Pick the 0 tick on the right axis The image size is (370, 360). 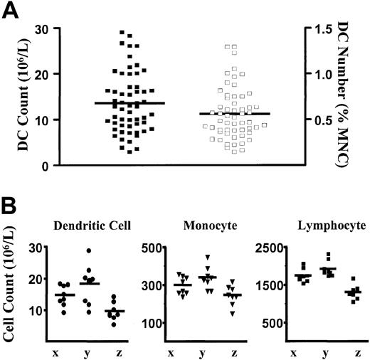314,166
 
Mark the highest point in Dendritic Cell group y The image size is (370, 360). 89,251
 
